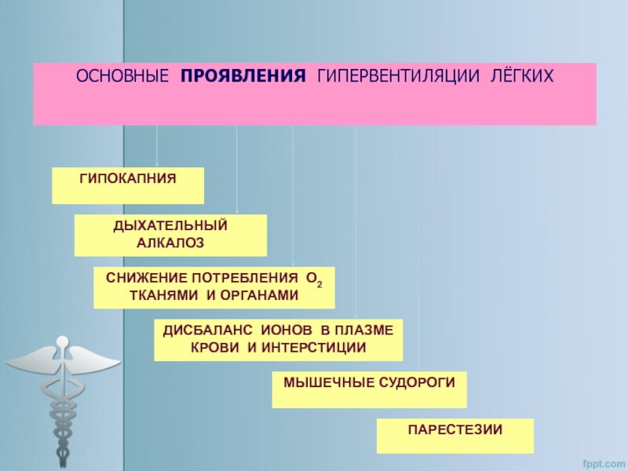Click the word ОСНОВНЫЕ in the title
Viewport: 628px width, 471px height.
tap(122, 77)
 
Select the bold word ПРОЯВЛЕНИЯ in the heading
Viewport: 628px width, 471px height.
tap(243, 77)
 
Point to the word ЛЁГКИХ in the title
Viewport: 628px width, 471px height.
tap(522, 77)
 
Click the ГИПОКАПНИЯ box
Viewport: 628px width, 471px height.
tap(128, 185)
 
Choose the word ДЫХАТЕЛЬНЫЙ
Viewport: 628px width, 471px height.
tap(170, 227)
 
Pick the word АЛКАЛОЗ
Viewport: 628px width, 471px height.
tap(170, 244)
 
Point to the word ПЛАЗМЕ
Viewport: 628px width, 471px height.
tap(368, 330)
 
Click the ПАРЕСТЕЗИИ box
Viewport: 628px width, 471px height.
tap(455, 435)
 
